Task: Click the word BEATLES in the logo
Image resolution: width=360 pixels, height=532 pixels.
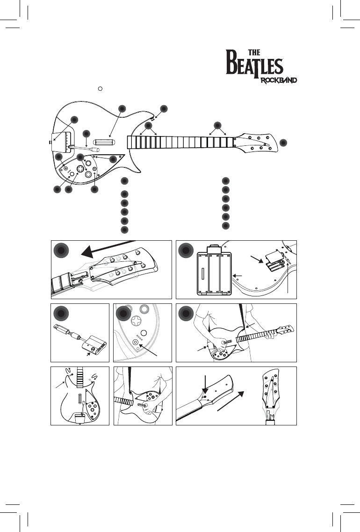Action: [x=255, y=66]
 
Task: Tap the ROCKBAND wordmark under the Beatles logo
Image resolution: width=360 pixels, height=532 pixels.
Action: [x=279, y=80]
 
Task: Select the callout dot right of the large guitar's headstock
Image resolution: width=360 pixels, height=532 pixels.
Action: [x=284, y=142]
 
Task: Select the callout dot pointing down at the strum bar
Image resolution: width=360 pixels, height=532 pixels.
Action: [x=122, y=108]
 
